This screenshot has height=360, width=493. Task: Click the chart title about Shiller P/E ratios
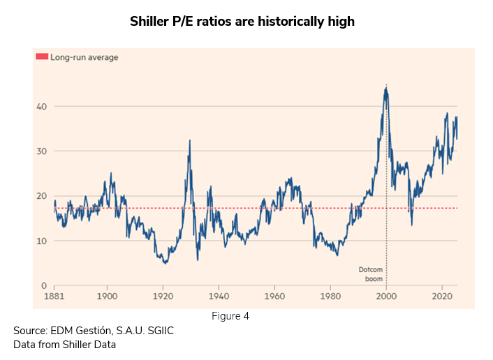pyautogui.click(x=242, y=22)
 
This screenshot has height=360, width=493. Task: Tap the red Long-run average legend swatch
pyautogui.click(x=42, y=57)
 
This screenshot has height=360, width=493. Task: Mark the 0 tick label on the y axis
pyautogui.click(x=42, y=285)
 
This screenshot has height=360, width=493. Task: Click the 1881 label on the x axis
pyautogui.click(x=54, y=296)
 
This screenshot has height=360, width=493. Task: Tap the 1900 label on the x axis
pyautogui.click(x=107, y=296)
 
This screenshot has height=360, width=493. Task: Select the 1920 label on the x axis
pyautogui.click(x=163, y=296)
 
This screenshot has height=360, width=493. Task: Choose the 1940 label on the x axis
pyautogui.click(x=219, y=296)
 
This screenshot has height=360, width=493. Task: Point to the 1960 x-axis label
pyautogui.click(x=274, y=296)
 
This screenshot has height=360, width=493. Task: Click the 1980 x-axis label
pyautogui.click(x=330, y=296)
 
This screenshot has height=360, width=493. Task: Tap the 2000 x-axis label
pyautogui.click(x=386, y=296)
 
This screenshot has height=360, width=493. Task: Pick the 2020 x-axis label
pyautogui.click(x=442, y=296)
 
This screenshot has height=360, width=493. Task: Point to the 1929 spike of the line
pyautogui.click(x=189, y=140)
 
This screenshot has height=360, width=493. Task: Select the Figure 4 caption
pyautogui.click(x=230, y=316)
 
